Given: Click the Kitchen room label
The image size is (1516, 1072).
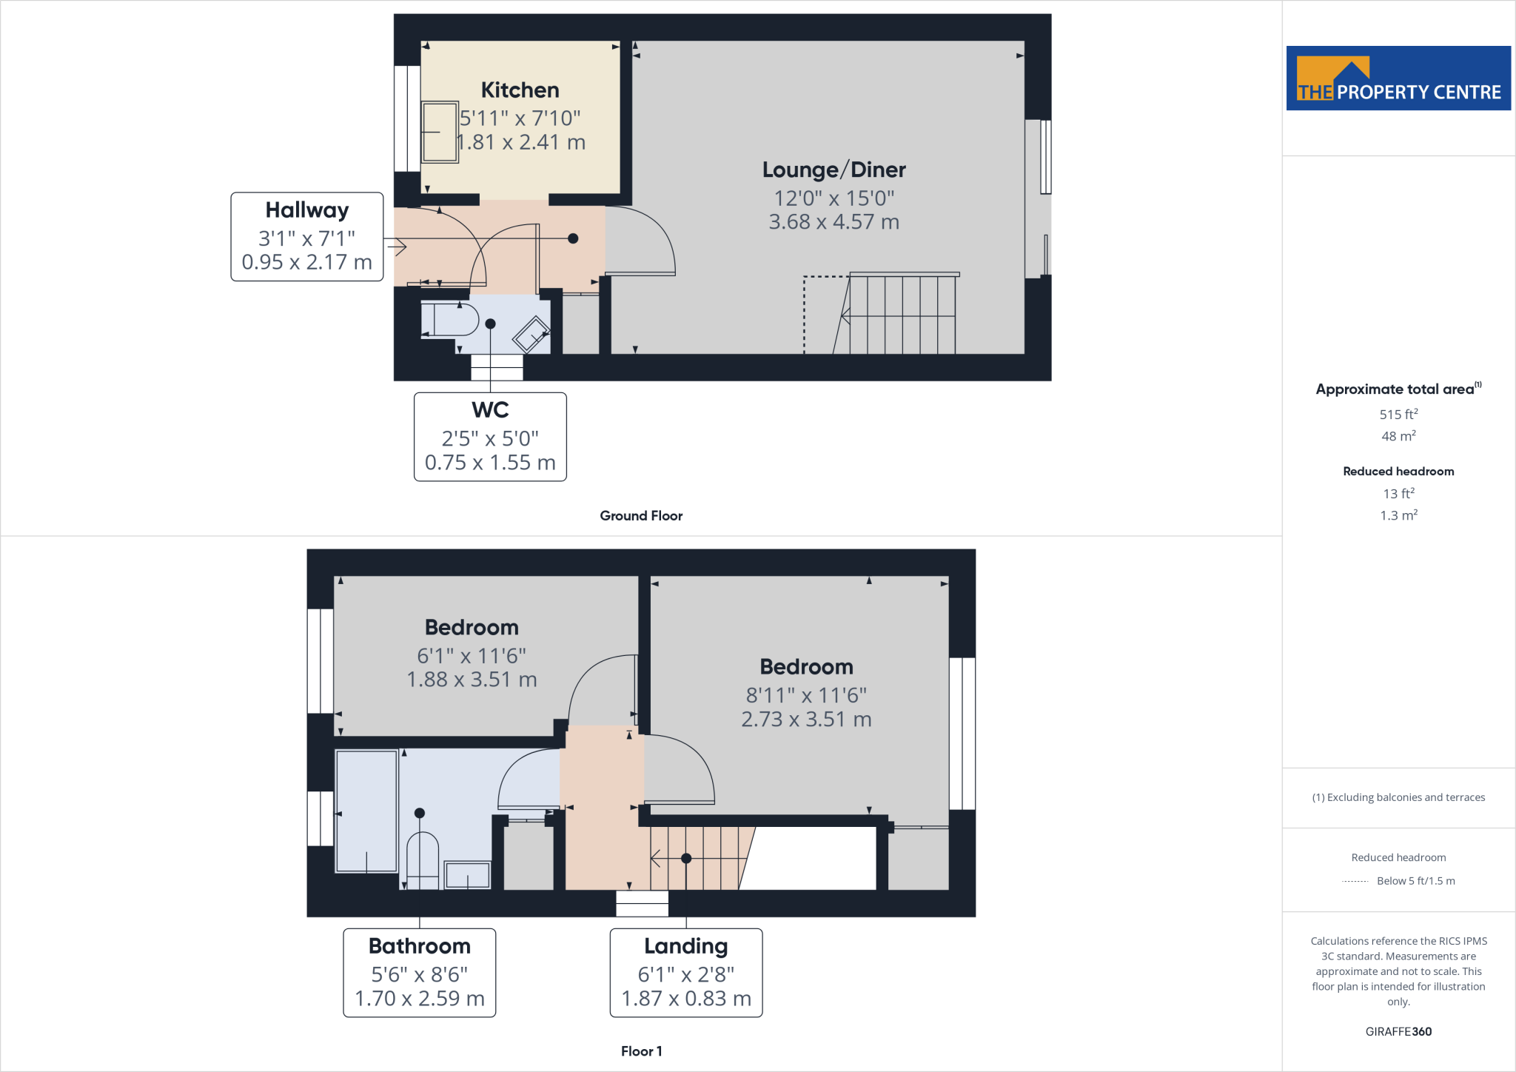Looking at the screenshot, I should pos(520,90).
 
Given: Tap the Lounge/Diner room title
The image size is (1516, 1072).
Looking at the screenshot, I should pos(834,170).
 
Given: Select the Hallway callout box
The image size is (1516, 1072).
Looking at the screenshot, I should pos(306,236).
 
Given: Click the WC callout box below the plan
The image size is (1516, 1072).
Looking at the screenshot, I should pos(490,437).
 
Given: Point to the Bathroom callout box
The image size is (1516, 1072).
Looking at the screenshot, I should pos(419,972).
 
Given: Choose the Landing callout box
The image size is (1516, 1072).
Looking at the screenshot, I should pos(685,972).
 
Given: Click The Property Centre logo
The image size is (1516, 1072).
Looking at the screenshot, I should pos(1398,78).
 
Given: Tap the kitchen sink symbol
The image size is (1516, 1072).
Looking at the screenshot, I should pos(440,132).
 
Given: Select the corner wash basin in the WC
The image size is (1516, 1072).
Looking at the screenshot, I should pos(531,335).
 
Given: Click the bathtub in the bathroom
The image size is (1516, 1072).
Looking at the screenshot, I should pos(366,811).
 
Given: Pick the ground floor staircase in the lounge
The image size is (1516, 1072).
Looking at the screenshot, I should pos(902,314).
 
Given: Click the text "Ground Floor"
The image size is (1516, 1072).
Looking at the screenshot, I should pos(641,516).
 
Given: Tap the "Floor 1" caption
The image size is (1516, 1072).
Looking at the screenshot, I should pos(641,1051).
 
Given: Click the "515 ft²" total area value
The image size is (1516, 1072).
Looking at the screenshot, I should pos(1398,415).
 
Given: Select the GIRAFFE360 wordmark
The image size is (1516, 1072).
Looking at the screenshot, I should pos(1398,1031).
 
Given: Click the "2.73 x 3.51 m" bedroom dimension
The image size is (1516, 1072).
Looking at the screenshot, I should pos(806,720).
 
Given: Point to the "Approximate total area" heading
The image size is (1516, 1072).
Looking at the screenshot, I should pos(1395,389).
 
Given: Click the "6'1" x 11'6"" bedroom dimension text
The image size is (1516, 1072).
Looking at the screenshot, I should pos(472,656).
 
